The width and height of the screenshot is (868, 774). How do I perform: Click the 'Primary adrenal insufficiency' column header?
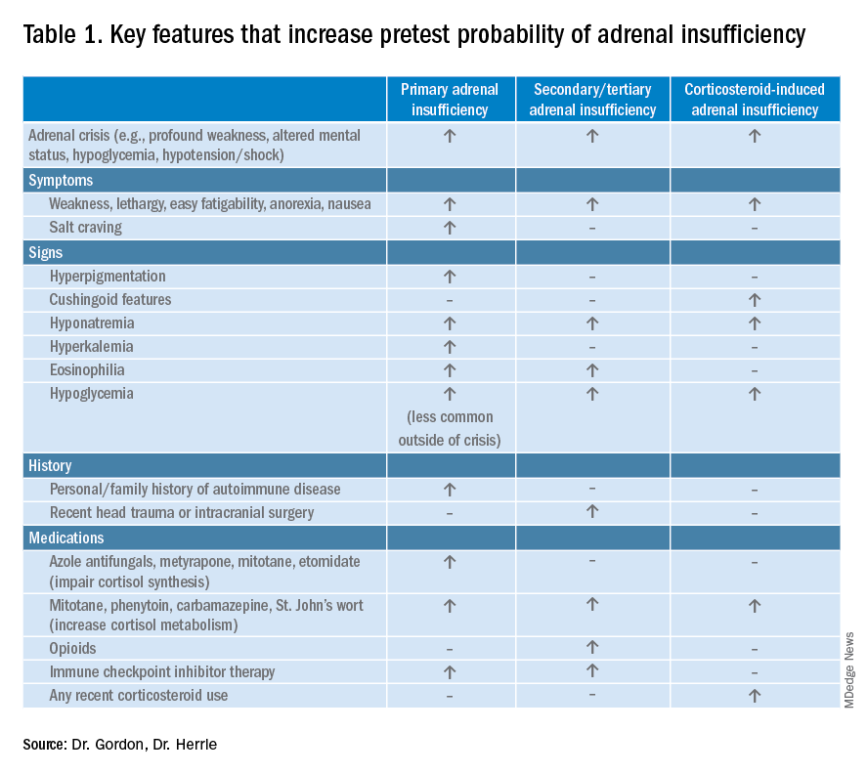(x=450, y=99)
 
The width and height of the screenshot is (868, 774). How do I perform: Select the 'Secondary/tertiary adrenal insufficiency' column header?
(x=592, y=99)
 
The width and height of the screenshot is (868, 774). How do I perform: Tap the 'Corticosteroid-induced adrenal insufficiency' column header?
(x=754, y=99)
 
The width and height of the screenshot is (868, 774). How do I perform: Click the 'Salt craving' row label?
(x=86, y=228)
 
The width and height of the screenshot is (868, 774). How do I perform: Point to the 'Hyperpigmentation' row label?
(x=108, y=277)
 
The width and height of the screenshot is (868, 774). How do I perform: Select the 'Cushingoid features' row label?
(x=110, y=300)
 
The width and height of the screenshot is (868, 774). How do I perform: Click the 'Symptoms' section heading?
(x=61, y=180)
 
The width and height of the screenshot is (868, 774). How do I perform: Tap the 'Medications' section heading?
(x=66, y=537)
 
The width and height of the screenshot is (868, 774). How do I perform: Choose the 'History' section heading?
(x=51, y=466)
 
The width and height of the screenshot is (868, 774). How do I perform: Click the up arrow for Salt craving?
(x=450, y=228)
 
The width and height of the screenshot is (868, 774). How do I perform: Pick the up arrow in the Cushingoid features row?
(x=754, y=300)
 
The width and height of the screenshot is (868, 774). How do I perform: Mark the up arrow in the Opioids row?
(x=592, y=648)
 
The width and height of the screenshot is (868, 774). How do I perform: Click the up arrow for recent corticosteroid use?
(x=754, y=695)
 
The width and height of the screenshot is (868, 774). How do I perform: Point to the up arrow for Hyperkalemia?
(x=450, y=347)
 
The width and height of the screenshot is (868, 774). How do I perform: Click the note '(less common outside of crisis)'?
(x=450, y=428)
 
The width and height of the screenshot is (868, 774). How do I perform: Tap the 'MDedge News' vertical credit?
(x=848, y=669)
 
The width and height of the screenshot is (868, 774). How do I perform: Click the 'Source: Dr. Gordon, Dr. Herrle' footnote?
(x=120, y=745)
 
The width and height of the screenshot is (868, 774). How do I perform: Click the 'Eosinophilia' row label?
(x=87, y=370)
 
